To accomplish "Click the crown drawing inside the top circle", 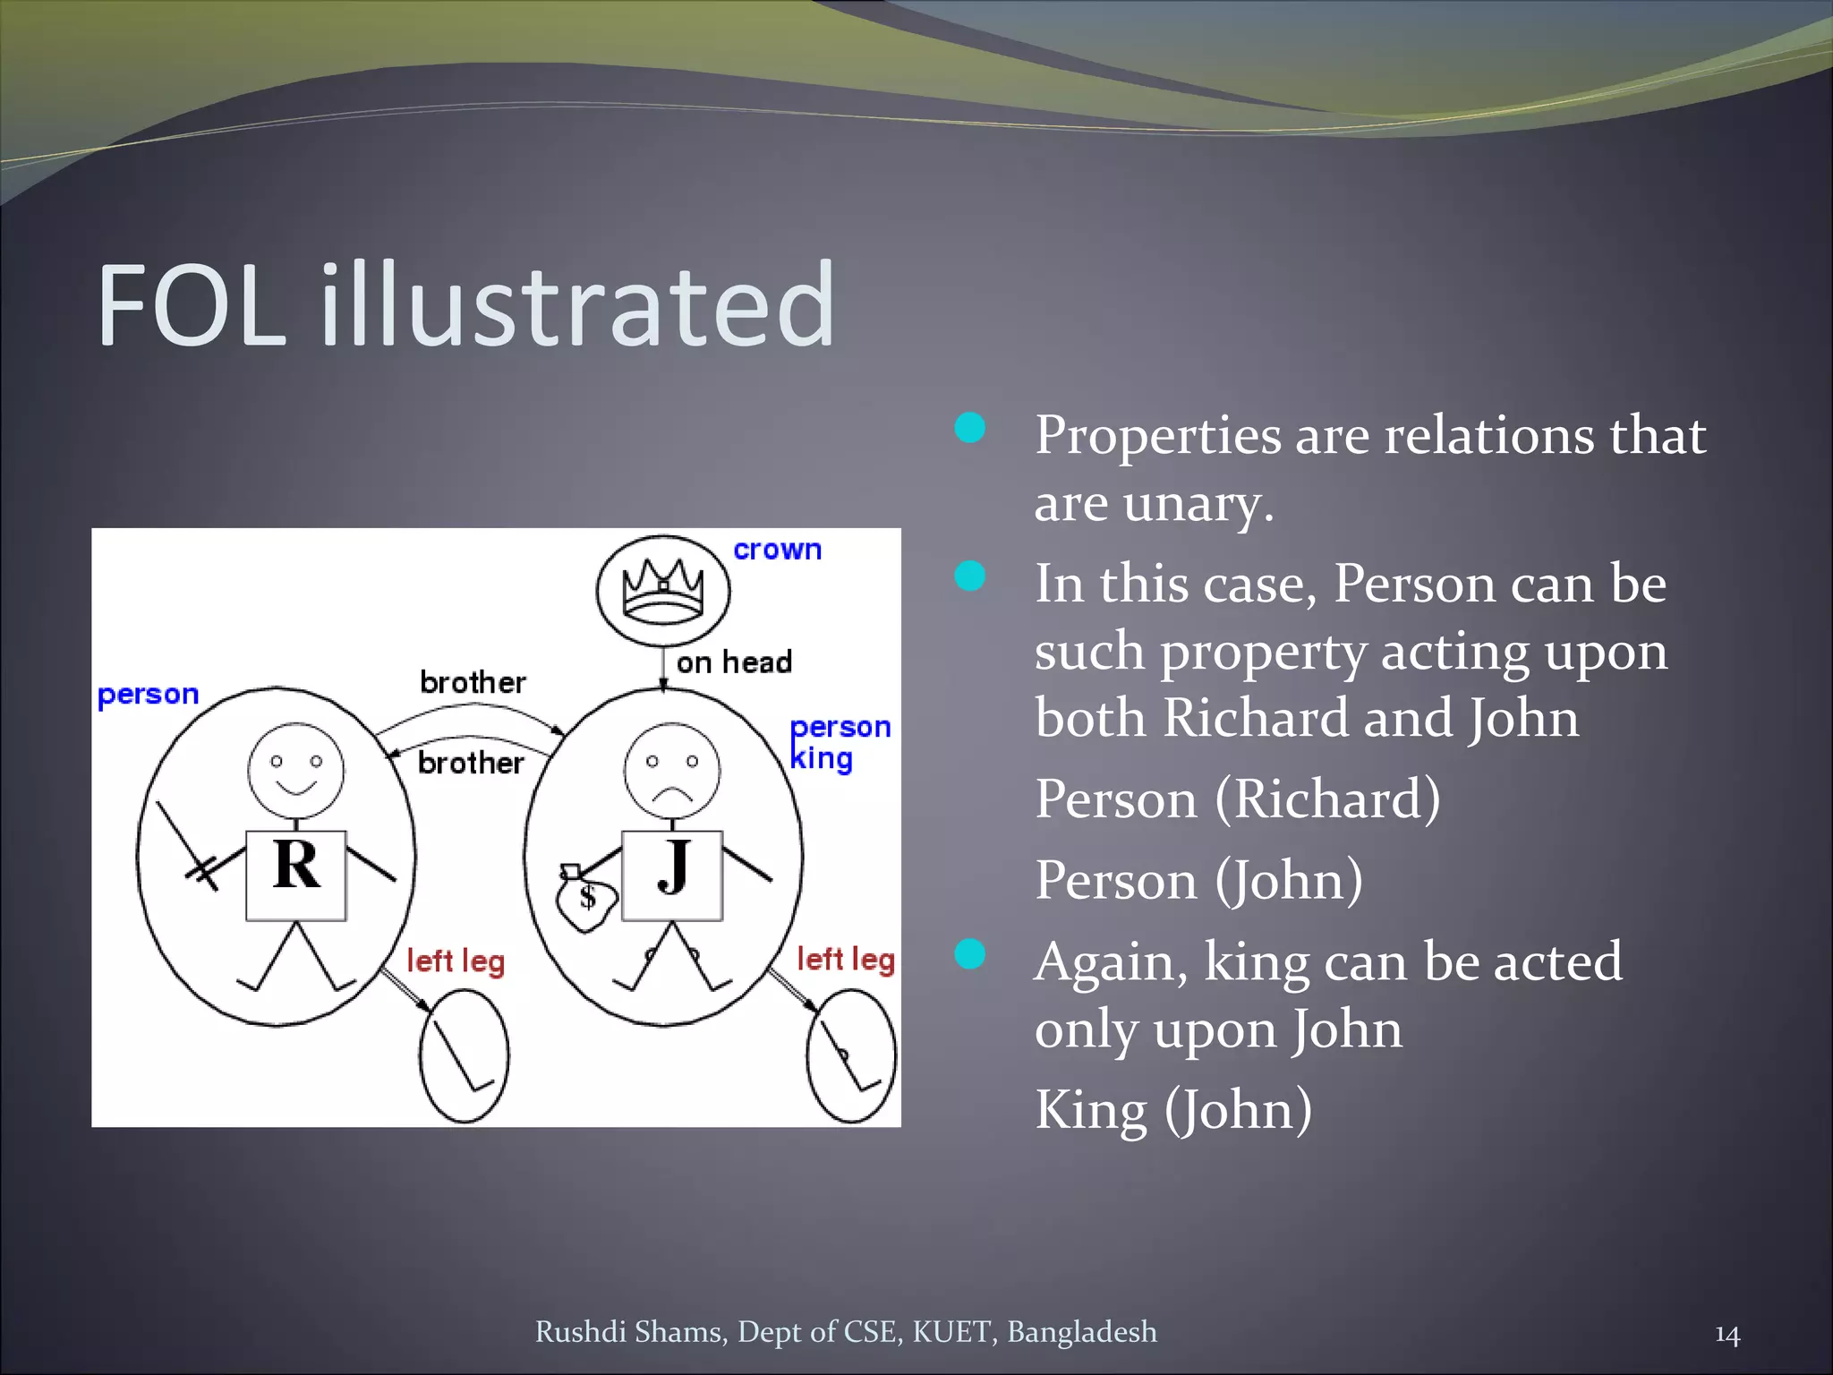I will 663,590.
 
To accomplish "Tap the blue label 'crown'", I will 777,550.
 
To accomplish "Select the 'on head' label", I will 734,662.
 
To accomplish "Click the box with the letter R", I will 296,875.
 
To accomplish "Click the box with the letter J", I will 672,875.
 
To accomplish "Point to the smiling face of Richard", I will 296,771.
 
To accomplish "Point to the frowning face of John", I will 672,771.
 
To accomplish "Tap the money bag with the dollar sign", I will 585,901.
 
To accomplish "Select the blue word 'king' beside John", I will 822,759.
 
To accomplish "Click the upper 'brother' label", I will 473,683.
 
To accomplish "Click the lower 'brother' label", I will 471,763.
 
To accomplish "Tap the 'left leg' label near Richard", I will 456,961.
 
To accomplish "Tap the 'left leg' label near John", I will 846,959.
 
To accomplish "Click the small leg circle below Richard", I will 465,1055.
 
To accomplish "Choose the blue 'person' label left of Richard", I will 148,695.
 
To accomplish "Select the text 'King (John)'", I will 1173,1110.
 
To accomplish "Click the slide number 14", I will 1726,1335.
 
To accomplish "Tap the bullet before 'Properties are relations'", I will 970,428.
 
